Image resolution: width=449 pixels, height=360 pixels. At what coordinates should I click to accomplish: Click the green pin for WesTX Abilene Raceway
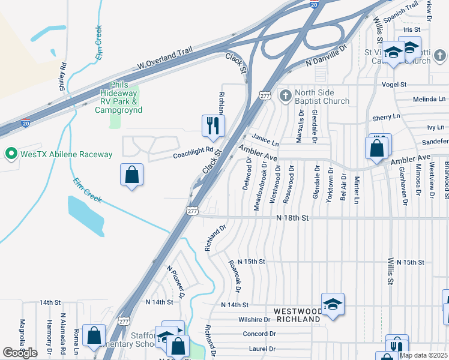point(10,155)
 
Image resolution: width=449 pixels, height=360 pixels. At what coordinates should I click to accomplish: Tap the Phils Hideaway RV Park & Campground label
point(118,98)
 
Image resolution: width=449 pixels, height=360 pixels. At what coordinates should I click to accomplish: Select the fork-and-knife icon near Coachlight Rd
point(212,125)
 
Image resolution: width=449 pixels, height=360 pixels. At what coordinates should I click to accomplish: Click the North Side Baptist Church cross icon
point(286,95)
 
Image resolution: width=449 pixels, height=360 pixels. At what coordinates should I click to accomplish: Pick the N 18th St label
point(292,219)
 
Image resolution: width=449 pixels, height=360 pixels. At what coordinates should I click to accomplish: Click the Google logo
point(20,353)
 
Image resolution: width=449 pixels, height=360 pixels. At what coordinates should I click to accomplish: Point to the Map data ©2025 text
point(423,355)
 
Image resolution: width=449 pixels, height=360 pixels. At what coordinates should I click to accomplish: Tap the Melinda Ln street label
point(430,100)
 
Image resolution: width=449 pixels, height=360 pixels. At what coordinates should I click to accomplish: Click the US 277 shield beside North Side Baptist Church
point(265,96)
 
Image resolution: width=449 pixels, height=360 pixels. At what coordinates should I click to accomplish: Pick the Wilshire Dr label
point(255,320)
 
